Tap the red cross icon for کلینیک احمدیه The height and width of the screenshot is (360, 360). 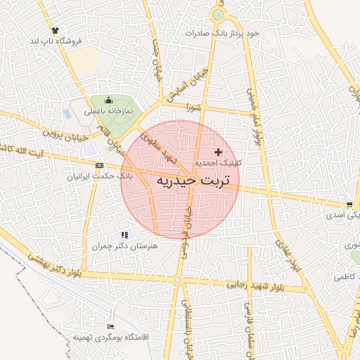pyautogui.click(x=218, y=152)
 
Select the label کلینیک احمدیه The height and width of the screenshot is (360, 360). pyautogui.click(x=218, y=162)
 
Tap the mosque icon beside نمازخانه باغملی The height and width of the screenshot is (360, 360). pyautogui.click(x=109, y=101)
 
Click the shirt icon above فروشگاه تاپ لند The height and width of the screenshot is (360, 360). pyautogui.click(x=55, y=30)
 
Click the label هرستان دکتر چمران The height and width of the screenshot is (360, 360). pyautogui.click(x=125, y=247)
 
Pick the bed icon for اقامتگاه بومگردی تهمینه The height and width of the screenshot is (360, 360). pyautogui.click(x=110, y=327)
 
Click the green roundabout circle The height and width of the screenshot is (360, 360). pyautogui.click(x=218, y=14)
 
